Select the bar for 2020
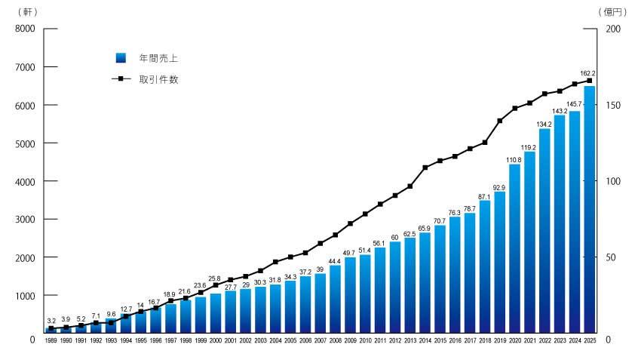point(514,249)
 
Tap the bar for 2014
point(425,283)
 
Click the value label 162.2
point(588,73)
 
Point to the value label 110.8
point(514,160)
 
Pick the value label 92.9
point(499,187)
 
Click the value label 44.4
point(335,261)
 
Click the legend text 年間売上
point(158,58)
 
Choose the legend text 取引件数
point(158,79)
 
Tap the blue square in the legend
point(120,58)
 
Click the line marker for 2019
point(499,121)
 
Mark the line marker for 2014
point(425,168)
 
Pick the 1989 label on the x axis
point(51,342)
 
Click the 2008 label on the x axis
point(335,342)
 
